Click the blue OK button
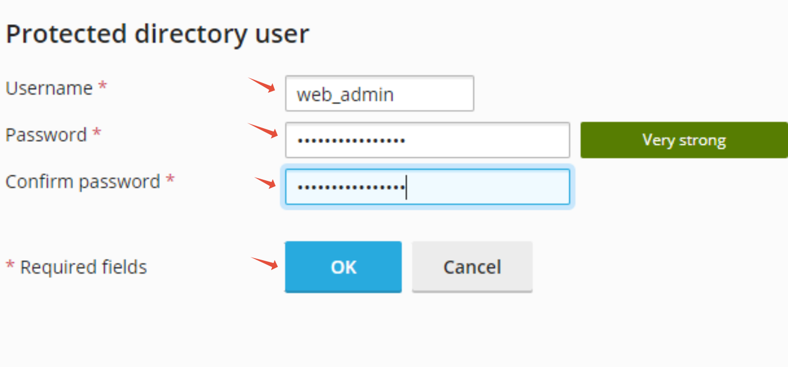pyautogui.click(x=343, y=267)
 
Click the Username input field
pyautogui.click(x=379, y=94)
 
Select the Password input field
pyautogui.click(x=427, y=140)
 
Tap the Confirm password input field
pyautogui.click(x=427, y=187)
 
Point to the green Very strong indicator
pyautogui.click(x=683, y=140)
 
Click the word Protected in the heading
pyautogui.click(x=66, y=34)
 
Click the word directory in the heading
pyautogui.click(x=191, y=34)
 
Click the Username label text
pyautogui.click(x=49, y=88)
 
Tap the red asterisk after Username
pyautogui.click(x=102, y=86)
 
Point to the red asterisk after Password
pyautogui.click(x=96, y=133)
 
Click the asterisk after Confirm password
pyautogui.click(x=170, y=179)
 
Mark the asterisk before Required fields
pyautogui.click(x=10, y=265)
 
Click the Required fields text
pyautogui.click(x=83, y=267)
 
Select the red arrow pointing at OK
pyautogui.click(x=264, y=262)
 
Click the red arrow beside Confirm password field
pyautogui.click(x=265, y=182)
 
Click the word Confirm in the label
pyautogui.click(x=40, y=181)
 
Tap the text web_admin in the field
pyautogui.click(x=345, y=95)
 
